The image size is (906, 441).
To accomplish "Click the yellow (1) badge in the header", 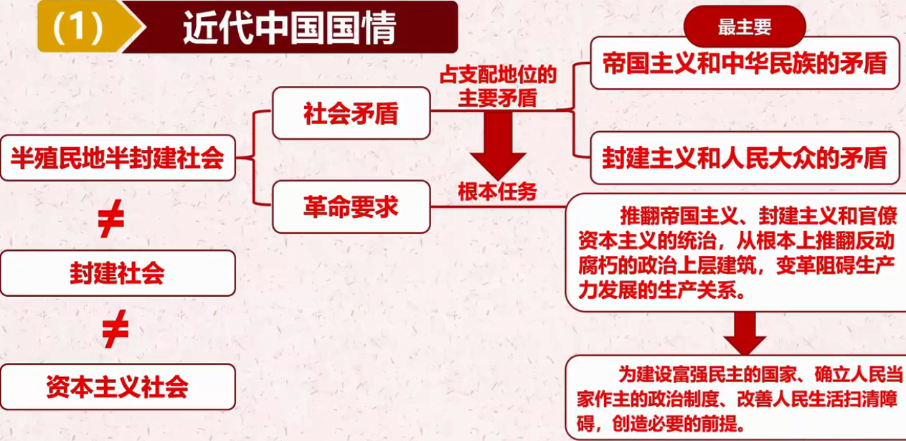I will pos(77,27).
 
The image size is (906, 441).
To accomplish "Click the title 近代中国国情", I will pos(288,27).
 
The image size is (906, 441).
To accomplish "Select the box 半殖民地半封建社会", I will pos(118,157).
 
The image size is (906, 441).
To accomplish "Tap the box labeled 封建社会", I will pos(118,273).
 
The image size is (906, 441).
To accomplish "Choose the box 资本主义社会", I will pos(118,387).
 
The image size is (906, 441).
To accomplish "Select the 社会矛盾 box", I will pos(351,113).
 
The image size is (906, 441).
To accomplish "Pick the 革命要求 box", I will pos(351,207).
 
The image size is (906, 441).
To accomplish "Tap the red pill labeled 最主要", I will pos(745,27).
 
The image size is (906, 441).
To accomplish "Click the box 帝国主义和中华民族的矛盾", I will pos(745,63).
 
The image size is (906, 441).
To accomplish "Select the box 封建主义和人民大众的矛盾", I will pos(745,158).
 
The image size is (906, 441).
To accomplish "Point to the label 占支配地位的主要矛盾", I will pos(498,85).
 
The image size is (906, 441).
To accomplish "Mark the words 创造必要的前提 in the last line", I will pos(675,421).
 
